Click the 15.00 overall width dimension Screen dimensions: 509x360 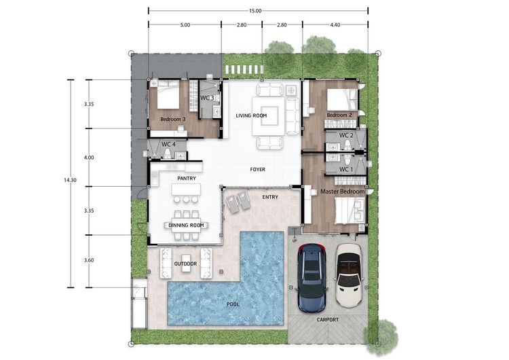(x=255, y=11)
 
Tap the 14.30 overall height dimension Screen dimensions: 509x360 (x=70, y=180)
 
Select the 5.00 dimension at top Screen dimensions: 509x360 (x=185, y=24)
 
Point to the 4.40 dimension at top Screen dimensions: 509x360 (x=335, y=24)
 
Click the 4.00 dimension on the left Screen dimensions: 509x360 (x=89, y=158)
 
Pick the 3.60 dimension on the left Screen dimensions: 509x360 (x=89, y=260)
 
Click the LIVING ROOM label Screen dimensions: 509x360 (x=251, y=115)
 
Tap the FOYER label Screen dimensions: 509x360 (x=258, y=169)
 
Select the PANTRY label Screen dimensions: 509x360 (x=187, y=179)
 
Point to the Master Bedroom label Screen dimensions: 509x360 (x=343, y=192)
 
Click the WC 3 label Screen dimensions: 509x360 (x=207, y=98)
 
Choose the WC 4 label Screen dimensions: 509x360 (x=168, y=144)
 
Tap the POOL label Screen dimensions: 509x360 (x=233, y=304)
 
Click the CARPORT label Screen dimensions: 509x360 (x=328, y=320)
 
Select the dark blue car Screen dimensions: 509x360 (x=312, y=278)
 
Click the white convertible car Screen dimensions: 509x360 (x=349, y=275)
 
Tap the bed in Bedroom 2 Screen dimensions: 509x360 (x=342, y=99)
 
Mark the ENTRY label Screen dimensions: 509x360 (x=270, y=197)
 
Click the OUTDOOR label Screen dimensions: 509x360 (x=186, y=264)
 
